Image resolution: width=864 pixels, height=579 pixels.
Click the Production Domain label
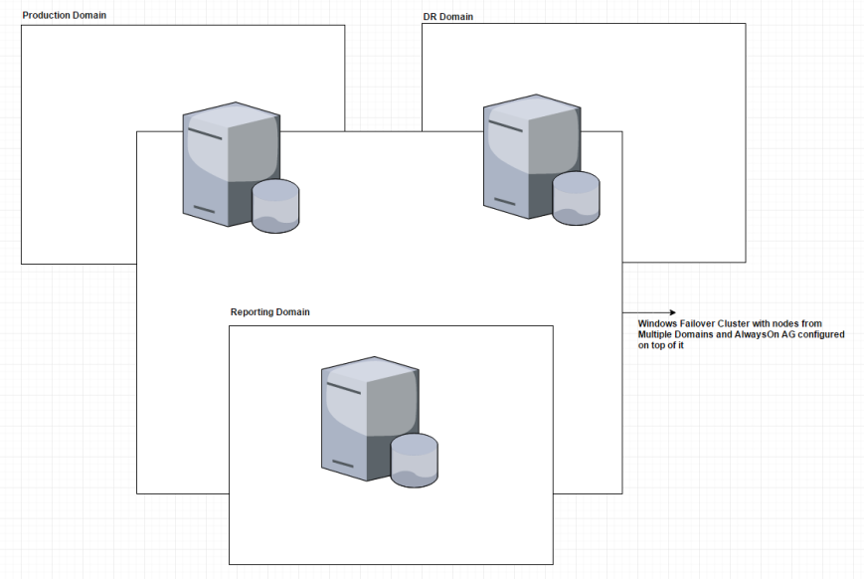[64, 16]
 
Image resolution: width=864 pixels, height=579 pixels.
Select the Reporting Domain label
[269, 312]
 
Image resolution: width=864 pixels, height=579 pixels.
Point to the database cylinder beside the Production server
[275, 206]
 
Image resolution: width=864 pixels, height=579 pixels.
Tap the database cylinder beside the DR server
[576, 197]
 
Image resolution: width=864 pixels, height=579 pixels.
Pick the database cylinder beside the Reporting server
[414, 460]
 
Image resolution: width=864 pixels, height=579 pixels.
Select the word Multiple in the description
[658, 335]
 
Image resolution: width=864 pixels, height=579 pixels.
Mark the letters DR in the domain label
[429, 17]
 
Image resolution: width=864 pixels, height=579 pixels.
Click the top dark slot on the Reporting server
[343, 386]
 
